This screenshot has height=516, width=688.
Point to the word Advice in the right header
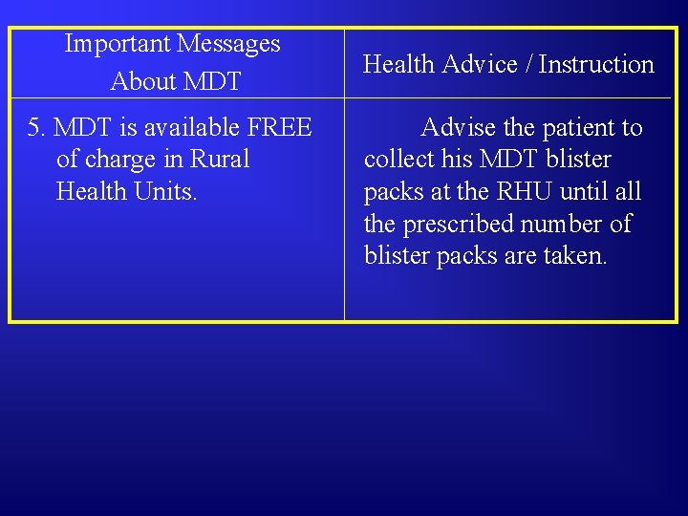point(482,65)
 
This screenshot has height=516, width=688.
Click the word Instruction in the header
point(596,65)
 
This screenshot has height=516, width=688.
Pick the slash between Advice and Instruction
point(530,65)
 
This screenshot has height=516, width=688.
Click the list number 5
point(34,127)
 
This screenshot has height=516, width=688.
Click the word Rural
point(220,160)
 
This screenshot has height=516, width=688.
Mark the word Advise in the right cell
point(459,127)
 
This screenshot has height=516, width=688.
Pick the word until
point(585,191)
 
